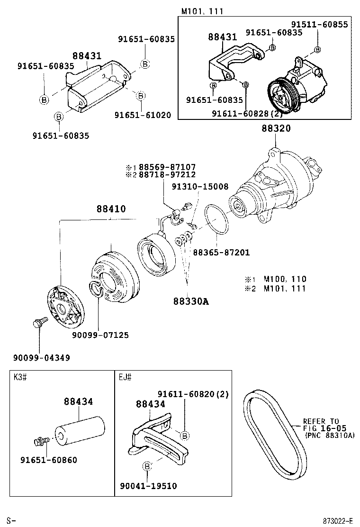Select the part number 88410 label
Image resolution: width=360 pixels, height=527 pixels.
[x=111, y=209]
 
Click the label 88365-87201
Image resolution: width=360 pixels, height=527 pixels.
[x=221, y=253]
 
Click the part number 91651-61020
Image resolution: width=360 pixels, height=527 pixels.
[x=143, y=115]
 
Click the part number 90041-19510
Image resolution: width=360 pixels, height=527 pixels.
[x=148, y=486]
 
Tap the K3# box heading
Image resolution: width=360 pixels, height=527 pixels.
[x=19, y=377]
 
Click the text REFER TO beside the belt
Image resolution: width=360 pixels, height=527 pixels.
[x=321, y=421]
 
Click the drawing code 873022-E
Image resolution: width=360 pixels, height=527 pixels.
[x=338, y=521]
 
